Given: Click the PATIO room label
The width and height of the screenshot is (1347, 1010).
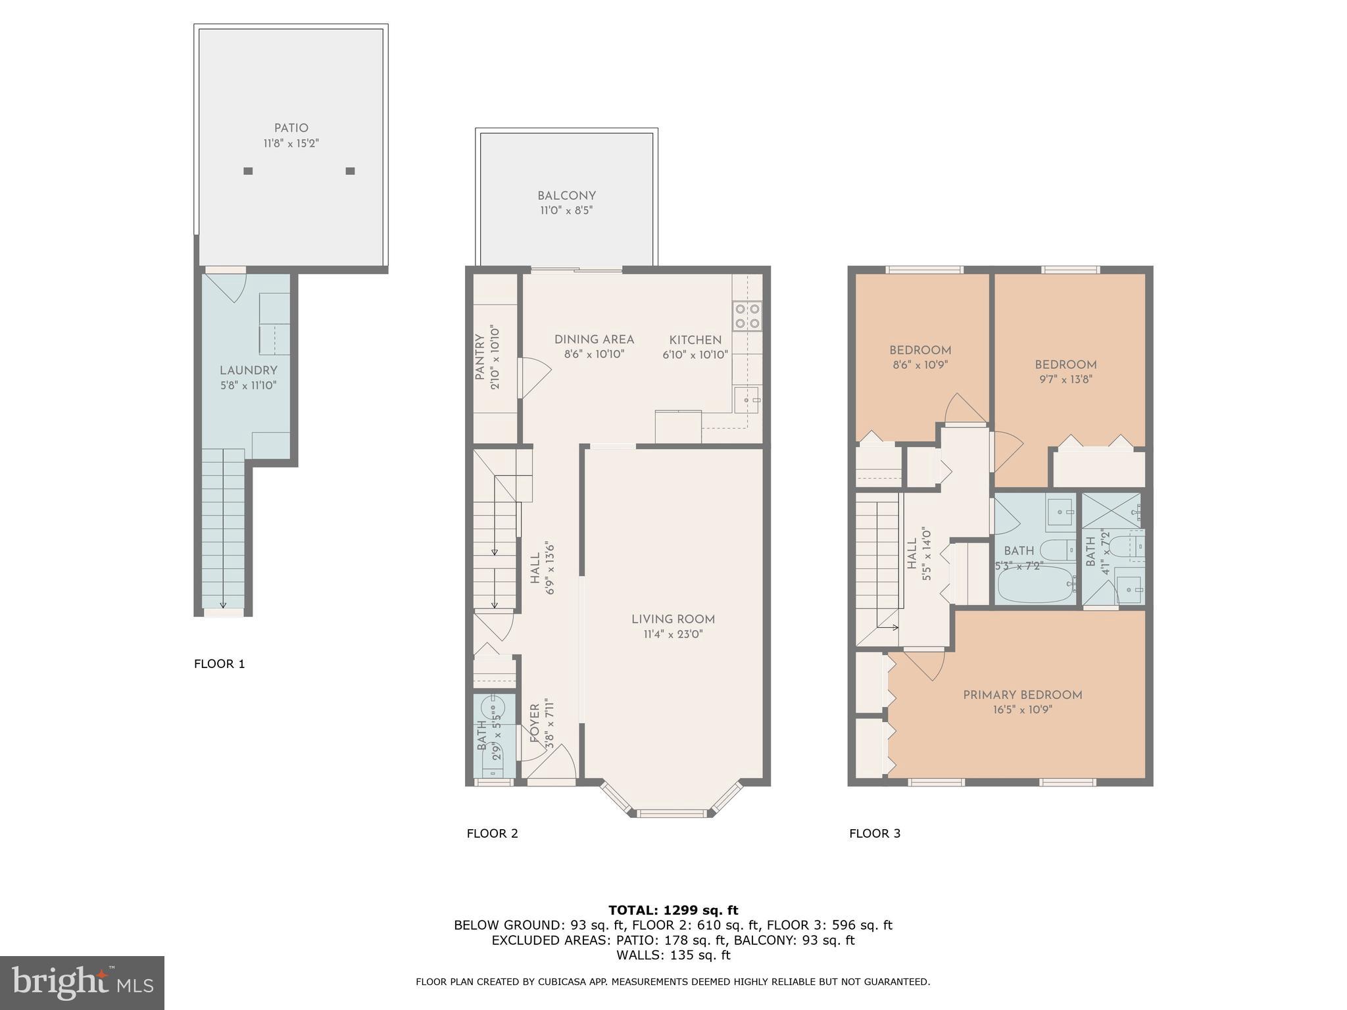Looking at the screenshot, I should coord(291,128).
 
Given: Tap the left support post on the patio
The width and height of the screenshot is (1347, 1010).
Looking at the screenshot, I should coord(248,171).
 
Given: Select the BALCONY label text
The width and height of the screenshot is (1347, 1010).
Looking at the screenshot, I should coord(566,196).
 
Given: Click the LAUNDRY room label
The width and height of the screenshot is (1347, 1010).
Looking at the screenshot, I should coord(248,370).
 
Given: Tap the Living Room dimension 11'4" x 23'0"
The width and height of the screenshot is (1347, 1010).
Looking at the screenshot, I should coord(673,635).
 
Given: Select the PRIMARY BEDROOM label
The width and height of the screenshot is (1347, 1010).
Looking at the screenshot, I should coord(1022,695).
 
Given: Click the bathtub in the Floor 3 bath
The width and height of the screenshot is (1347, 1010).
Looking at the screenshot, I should coord(1036,585).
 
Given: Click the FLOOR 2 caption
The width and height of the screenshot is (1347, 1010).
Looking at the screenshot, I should coord(492,834).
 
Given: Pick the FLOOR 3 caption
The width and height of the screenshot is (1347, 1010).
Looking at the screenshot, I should coord(874,834).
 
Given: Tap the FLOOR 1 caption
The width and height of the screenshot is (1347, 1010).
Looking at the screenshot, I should coord(219,664).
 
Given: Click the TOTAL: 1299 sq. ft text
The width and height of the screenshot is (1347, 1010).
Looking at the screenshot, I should coord(673,911).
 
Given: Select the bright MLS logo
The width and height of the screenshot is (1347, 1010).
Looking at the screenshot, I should coord(82,983).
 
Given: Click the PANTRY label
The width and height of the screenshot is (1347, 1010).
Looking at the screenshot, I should coord(479,357).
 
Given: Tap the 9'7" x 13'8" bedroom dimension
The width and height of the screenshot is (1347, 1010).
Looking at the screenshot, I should coord(1065,379).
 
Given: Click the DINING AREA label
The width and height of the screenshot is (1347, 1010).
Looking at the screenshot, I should coord(594,340).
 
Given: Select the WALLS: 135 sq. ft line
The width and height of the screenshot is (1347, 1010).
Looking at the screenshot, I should coord(673,955).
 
